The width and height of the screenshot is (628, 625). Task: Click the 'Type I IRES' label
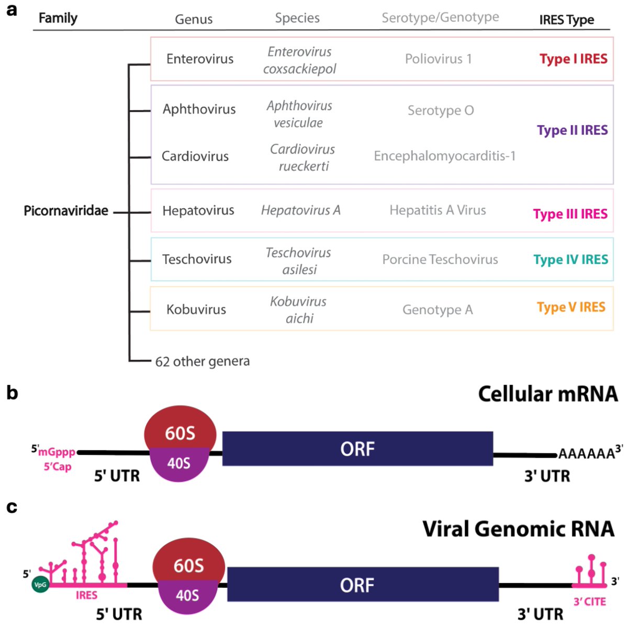pos(573,59)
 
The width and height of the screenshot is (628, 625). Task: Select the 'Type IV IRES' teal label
pos(570,259)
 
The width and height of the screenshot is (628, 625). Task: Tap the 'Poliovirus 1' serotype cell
pos(438,59)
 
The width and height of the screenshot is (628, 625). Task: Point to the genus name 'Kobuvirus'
pos(196,309)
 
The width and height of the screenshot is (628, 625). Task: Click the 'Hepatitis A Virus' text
pos(438,210)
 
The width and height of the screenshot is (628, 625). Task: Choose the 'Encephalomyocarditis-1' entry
pos(444,156)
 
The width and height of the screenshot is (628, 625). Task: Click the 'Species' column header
pos(297,18)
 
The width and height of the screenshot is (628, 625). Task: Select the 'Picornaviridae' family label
pos(66,211)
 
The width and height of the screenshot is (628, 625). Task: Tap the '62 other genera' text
pos(203,361)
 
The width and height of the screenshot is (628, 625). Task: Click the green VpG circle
pos(40,584)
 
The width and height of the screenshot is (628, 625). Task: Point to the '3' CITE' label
pos(589,601)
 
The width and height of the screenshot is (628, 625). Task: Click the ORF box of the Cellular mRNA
pos(357,449)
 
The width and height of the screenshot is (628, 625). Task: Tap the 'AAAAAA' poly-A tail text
pos(586,453)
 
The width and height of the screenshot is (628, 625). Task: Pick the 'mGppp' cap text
pos(57,452)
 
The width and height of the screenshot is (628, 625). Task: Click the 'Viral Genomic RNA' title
pos(518,529)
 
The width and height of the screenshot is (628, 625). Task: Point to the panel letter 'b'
pos(12,392)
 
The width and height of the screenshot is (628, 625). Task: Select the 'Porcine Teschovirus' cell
pos(440,259)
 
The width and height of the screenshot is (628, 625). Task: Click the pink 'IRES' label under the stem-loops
pos(86,595)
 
